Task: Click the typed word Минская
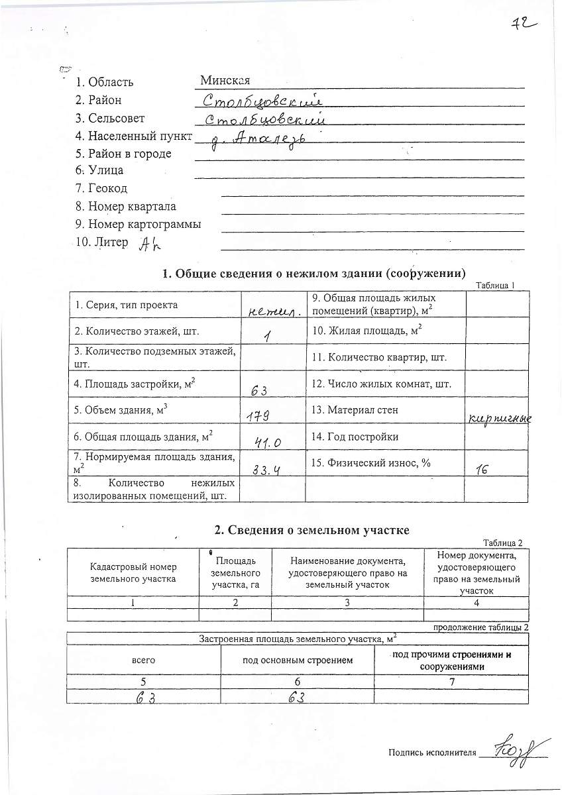click(x=225, y=81)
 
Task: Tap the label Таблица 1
click(x=495, y=285)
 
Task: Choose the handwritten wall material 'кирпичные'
click(x=500, y=418)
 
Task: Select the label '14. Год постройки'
click(x=363, y=437)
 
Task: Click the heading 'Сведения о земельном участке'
click(x=312, y=530)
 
